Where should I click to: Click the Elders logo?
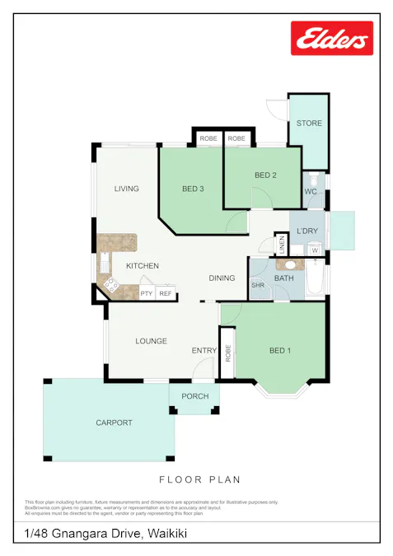pos(332,38)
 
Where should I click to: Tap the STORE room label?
pos(309,124)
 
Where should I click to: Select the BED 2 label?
pos(265,175)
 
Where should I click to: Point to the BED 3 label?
pos(193,189)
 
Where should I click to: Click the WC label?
pos(311,192)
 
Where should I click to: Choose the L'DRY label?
pos(307,231)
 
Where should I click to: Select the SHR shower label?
pos(257,286)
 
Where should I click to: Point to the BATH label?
pos(284,278)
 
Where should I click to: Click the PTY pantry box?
pos(147,293)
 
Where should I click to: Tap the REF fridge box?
pos(166,293)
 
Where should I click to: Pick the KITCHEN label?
pos(143,266)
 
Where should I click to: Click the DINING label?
pos(222,278)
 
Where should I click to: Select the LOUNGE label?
pos(151,341)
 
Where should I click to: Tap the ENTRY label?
pos(204,351)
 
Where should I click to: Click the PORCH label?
pos(195,396)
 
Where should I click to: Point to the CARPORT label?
pos(114,423)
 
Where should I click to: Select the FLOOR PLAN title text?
pos(199,479)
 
